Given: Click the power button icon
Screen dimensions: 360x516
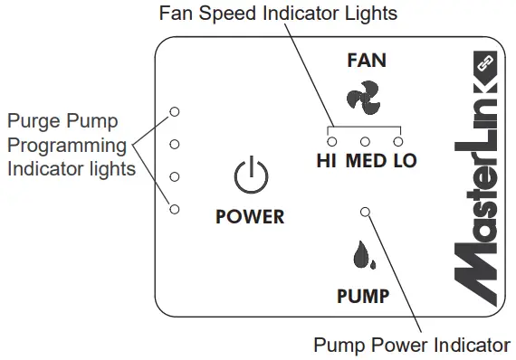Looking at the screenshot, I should [251, 176].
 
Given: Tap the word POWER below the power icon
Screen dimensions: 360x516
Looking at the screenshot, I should [250, 217].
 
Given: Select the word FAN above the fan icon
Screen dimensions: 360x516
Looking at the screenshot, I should [366, 62].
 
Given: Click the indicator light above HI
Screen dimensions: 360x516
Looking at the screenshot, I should [332, 141].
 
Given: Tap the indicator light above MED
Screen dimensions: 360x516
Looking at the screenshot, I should [366, 141].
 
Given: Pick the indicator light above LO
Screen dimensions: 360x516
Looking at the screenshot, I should [397, 141].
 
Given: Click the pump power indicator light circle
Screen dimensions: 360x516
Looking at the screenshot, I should [366, 212].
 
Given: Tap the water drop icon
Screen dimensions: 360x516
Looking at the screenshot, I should [365, 256].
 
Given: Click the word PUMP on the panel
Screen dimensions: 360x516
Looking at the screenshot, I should [363, 296].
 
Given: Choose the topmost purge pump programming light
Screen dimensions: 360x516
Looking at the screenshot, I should [175, 110].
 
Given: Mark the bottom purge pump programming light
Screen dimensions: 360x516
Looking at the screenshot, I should [175, 209].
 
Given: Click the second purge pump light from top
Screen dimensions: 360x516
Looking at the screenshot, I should [175, 144].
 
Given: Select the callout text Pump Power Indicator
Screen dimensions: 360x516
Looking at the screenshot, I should [411, 345].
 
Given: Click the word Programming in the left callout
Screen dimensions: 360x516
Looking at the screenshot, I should [66, 145].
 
